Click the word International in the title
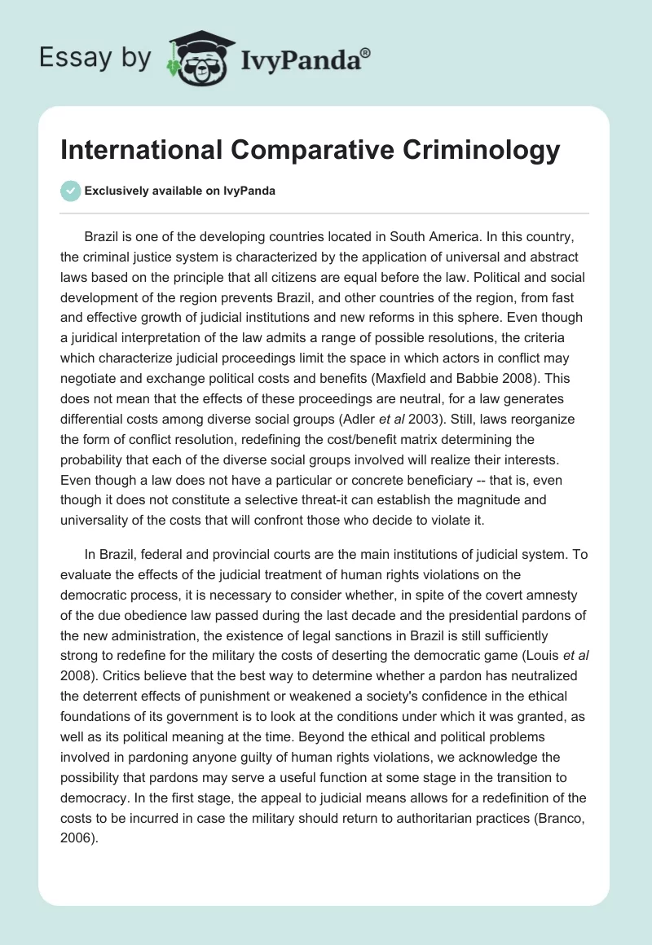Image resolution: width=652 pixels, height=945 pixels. [x=151, y=152]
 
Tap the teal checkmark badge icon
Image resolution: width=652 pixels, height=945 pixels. [x=71, y=191]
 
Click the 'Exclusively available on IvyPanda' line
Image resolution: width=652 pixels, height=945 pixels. [x=179, y=191]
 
